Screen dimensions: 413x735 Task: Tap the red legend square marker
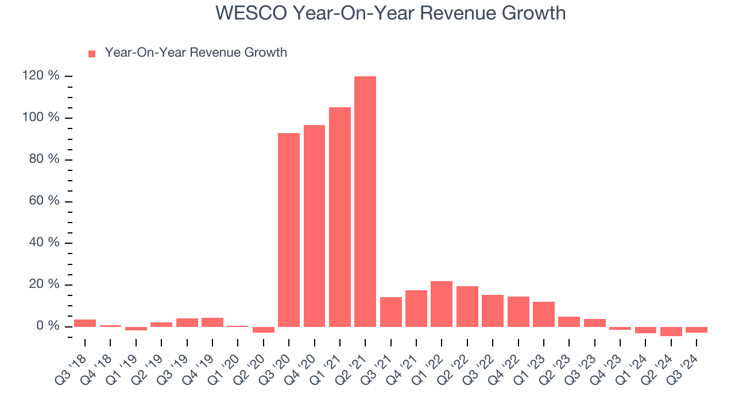[92, 54]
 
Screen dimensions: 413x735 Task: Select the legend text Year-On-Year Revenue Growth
[196, 53]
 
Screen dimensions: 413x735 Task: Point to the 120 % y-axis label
[41, 76]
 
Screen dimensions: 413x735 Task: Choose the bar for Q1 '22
[442, 304]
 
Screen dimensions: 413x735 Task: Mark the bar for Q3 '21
[390, 312]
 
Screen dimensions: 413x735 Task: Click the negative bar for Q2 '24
[671, 332]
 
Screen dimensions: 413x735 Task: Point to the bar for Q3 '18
[85, 323]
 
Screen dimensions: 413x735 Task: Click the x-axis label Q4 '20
[301, 367]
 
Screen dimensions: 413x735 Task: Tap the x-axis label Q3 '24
[684, 367]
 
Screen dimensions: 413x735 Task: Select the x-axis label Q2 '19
[149, 367]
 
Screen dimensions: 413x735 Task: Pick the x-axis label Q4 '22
[505, 367]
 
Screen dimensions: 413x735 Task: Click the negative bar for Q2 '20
[264, 330]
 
